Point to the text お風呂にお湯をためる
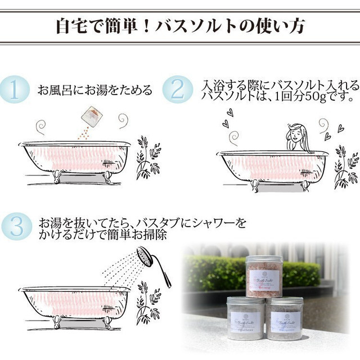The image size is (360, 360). (94, 90)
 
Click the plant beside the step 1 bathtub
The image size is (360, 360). (148, 157)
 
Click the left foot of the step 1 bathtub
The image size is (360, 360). (56, 175)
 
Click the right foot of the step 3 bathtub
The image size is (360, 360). (107, 322)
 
